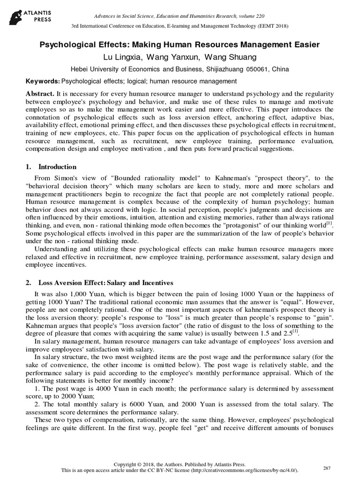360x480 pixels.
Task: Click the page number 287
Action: click(x=328, y=468)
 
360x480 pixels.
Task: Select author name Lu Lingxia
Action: click(x=123, y=57)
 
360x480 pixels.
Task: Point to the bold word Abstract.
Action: click(x=40, y=94)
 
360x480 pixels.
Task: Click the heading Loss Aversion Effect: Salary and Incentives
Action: click(x=105, y=283)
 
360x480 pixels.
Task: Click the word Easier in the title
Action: click(x=302, y=45)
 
